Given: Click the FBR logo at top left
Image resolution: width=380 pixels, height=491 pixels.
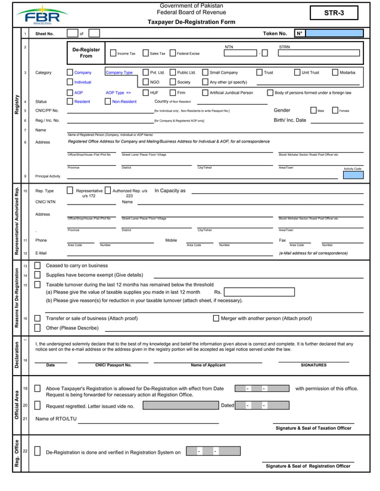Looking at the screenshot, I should click(x=42, y=14).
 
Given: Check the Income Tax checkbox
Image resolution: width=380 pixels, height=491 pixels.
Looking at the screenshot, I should click(x=113, y=53).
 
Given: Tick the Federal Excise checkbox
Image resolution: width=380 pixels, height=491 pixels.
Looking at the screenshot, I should click(x=172, y=53).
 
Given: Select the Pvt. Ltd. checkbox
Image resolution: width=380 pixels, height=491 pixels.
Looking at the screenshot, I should click(x=145, y=73).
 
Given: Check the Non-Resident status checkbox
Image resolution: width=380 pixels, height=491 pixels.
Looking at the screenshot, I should click(x=108, y=102).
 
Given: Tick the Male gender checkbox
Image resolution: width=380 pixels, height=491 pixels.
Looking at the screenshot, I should click(x=313, y=111).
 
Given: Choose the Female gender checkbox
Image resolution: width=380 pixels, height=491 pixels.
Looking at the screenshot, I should click(x=335, y=111).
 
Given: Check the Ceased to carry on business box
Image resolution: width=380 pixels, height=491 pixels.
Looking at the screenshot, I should click(x=38, y=266).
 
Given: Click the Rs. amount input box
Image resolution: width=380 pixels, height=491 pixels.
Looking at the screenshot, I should click(x=258, y=292).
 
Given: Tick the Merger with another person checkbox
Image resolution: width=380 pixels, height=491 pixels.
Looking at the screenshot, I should click(x=216, y=318).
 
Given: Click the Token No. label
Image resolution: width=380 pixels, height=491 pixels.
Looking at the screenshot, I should click(x=275, y=34).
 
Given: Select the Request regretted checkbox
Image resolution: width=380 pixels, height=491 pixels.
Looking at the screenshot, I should click(x=38, y=406).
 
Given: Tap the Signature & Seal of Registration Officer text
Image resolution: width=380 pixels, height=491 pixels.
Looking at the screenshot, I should click(x=308, y=466).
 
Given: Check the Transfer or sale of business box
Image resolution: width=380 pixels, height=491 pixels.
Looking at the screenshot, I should click(x=38, y=318).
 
